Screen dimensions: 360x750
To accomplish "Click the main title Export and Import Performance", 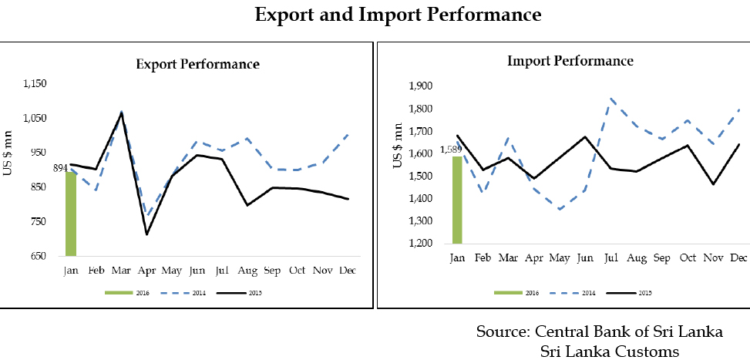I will point(399,15).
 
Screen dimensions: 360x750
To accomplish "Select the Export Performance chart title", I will point(197,64).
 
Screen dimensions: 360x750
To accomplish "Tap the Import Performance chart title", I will point(570,61).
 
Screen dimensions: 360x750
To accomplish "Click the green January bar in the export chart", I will point(71,214).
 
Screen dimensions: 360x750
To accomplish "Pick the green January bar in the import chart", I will point(457,200).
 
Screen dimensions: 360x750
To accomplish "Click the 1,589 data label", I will point(451,150).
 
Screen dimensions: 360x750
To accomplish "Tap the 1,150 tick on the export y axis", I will point(36,84).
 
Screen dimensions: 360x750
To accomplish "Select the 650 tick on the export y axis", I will point(39,257).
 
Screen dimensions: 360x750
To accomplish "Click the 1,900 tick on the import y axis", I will point(423,86).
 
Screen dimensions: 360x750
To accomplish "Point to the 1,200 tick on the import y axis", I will point(423,244).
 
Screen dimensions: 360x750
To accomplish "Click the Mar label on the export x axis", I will point(120,271).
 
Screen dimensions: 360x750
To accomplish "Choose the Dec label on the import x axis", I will point(738,257).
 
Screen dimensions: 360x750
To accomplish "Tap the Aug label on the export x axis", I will point(247,271).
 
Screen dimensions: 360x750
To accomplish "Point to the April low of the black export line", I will point(146,234).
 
